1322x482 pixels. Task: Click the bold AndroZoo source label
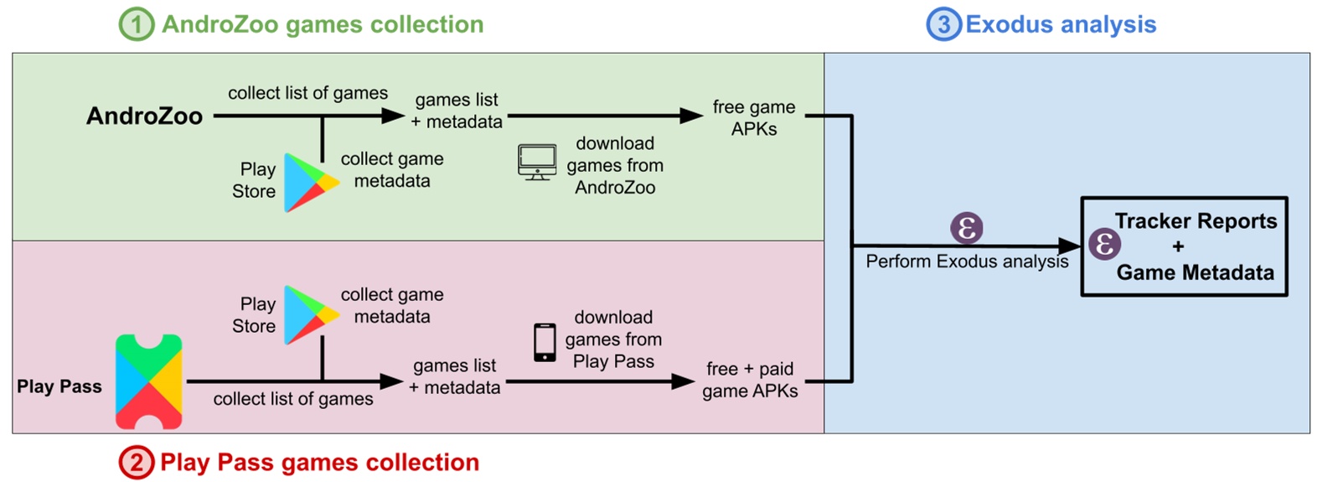(144, 116)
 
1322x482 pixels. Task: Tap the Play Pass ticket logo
(148, 381)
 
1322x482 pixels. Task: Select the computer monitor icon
(537, 162)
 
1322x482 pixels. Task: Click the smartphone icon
(545, 342)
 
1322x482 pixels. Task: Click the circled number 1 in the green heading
(137, 24)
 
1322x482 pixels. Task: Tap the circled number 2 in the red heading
(136, 462)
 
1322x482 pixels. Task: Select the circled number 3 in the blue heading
(943, 24)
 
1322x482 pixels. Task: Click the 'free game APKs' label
(754, 117)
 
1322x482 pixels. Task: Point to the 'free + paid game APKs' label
(750, 380)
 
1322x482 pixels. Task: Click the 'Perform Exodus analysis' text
(967, 262)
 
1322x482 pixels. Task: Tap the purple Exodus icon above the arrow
(966, 227)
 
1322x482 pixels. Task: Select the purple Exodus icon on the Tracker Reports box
(1104, 244)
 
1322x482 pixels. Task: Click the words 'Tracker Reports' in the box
(1195, 221)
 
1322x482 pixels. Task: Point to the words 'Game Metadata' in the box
(1195, 272)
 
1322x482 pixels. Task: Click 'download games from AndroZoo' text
(615, 165)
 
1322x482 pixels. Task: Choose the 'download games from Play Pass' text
(613, 339)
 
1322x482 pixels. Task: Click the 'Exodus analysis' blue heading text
(1061, 24)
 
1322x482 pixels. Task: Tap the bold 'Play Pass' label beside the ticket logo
(59, 386)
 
